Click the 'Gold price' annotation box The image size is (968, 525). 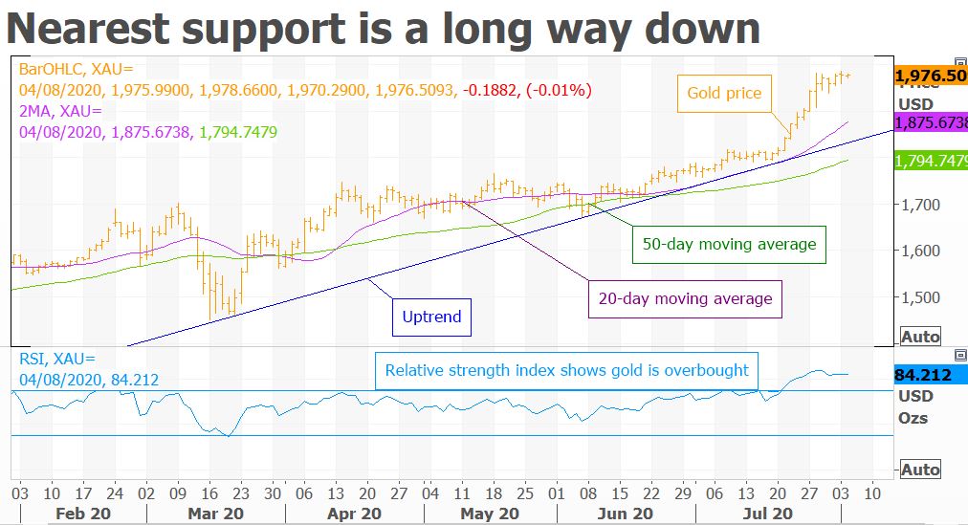coord(725,93)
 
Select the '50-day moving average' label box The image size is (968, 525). coord(729,244)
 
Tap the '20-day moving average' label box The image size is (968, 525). coord(685,298)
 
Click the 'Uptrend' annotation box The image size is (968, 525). coord(432,317)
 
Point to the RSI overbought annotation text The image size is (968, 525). coord(566,369)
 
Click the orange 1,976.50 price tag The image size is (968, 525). coord(930,75)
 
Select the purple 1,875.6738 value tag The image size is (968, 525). coord(930,123)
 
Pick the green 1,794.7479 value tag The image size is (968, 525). coord(930,162)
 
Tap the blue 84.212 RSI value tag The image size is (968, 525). coord(923,375)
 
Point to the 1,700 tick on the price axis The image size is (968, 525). coord(920,205)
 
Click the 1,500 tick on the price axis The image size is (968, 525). coord(920,297)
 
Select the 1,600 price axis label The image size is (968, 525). coord(920,251)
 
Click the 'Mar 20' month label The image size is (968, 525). coord(215,513)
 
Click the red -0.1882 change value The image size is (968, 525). coord(488,90)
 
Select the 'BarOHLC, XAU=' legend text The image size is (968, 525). coord(71,69)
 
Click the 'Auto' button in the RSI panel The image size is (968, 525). coord(920,470)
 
